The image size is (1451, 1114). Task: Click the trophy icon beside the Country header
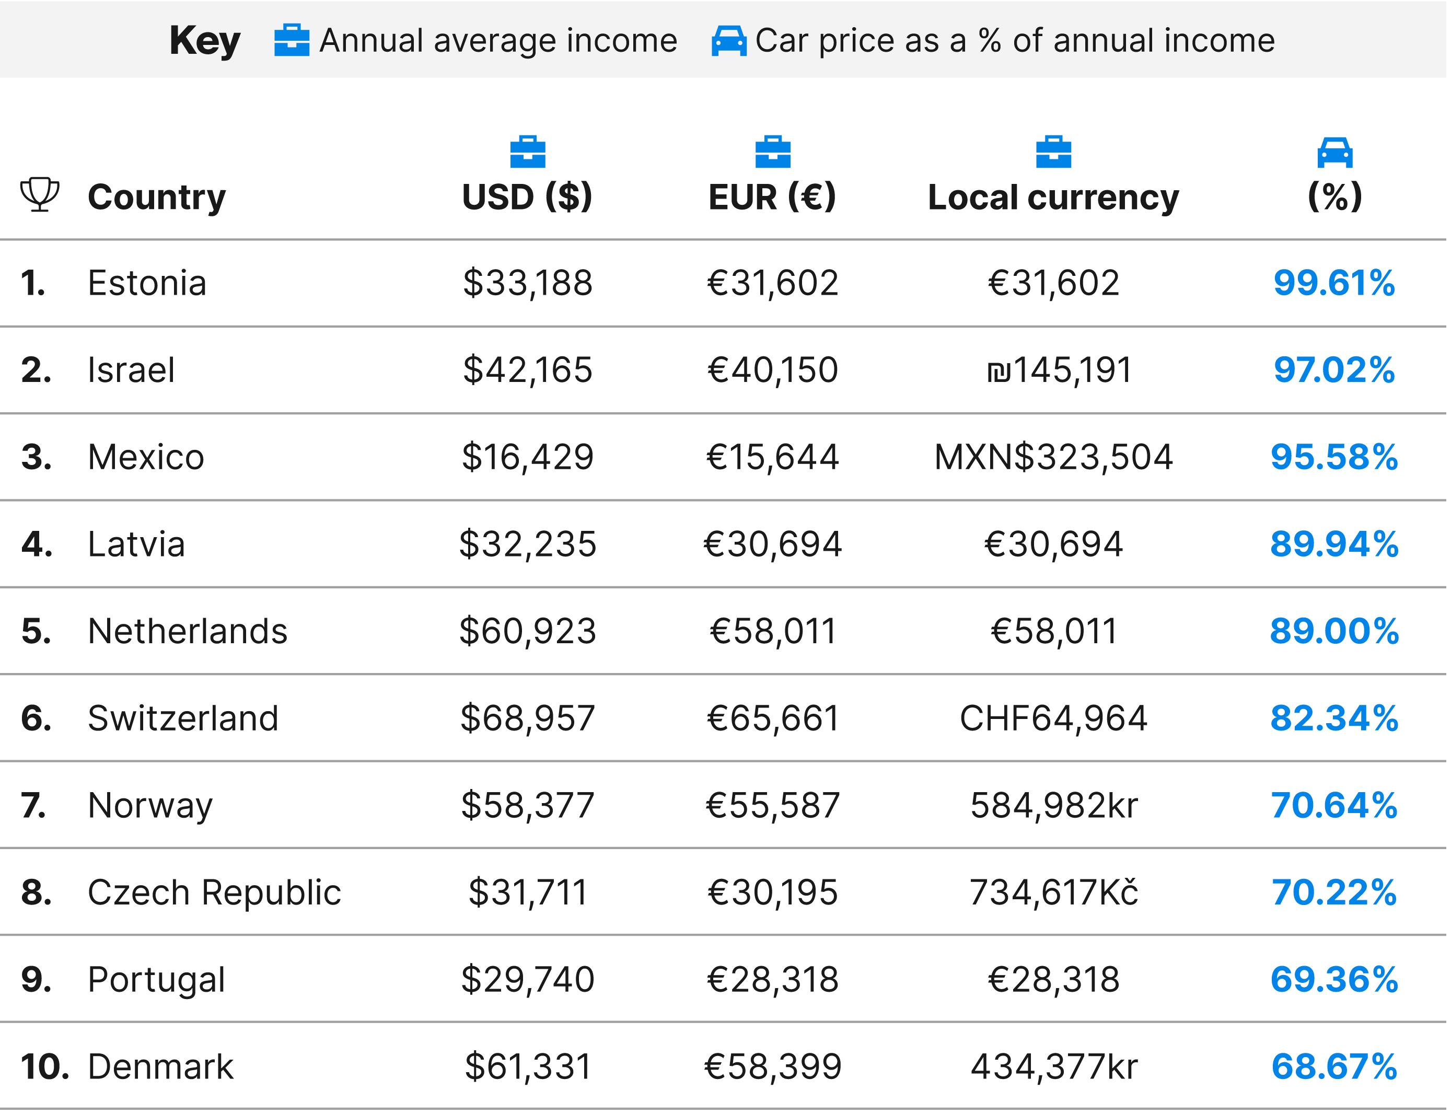(40, 195)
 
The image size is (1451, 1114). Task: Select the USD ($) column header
(527, 197)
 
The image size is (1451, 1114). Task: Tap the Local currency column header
(1053, 197)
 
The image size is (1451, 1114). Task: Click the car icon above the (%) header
(1334, 153)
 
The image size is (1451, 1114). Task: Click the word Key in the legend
(205, 40)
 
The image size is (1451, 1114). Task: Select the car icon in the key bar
(729, 40)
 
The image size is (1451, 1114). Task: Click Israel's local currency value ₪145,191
(1059, 370)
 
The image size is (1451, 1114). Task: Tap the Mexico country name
(146, 457)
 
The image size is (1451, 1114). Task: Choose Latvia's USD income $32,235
(527, 544)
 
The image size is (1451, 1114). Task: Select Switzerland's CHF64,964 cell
(1053, 718)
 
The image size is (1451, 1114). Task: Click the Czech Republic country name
(214, 892)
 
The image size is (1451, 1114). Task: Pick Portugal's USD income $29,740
(527, 979)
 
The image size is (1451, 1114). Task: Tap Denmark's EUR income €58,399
(773, 1066)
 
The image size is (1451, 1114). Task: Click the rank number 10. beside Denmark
(44, 1066)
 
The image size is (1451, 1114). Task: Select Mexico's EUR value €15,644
(773, 457)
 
